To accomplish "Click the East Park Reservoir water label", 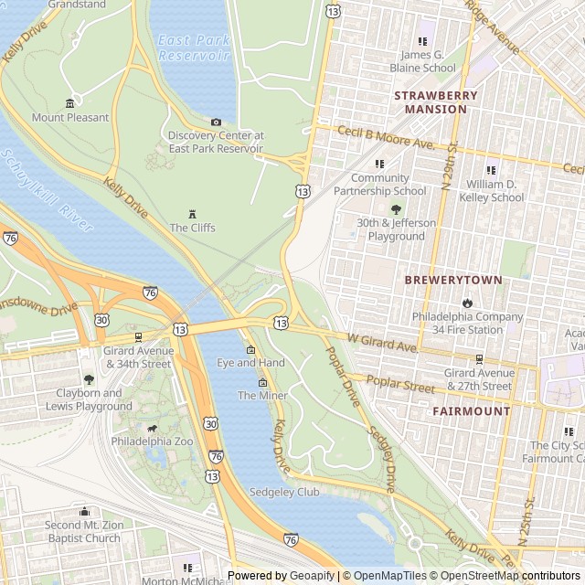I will point(193,48).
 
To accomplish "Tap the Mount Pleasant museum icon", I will point(70,102).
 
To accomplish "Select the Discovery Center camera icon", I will point(216,122).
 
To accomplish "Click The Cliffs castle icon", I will point(192,213).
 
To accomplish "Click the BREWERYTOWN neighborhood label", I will point(453,280).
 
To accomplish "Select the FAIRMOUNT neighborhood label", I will point(472,411).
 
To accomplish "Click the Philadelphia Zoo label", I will point(152,441).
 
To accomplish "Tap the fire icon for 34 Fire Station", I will point(467,303).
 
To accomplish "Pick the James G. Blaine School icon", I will point(422,40).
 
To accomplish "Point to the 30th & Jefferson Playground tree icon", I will point(396,209).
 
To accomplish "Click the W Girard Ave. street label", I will point(381,343).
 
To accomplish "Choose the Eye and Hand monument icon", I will point(250,350).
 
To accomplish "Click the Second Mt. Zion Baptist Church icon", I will point(84,512).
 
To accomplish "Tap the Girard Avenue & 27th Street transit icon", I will point(479,359).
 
